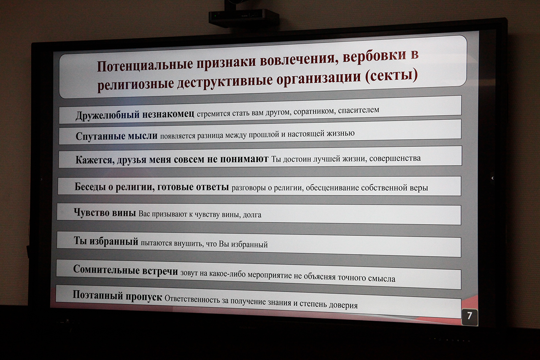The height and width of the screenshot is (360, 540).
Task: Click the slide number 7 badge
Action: click(x=470, y=317)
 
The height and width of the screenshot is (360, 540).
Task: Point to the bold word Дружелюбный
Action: click(x=108, y=116)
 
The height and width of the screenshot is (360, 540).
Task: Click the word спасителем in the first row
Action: click(x=359, y=111)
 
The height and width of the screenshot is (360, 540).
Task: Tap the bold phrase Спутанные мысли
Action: click(x=116, y=136)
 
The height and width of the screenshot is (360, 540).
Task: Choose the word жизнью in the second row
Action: click(x=340, y=133)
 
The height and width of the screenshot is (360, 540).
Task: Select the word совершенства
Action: click(x=395, y=158)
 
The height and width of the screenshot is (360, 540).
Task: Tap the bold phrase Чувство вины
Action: click(x=105, y=213)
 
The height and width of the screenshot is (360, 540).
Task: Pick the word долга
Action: click(x=252, y=214)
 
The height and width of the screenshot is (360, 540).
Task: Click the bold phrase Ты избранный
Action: click(x=106, y=241)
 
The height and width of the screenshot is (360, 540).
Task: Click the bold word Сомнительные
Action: click(x=106, y=269)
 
